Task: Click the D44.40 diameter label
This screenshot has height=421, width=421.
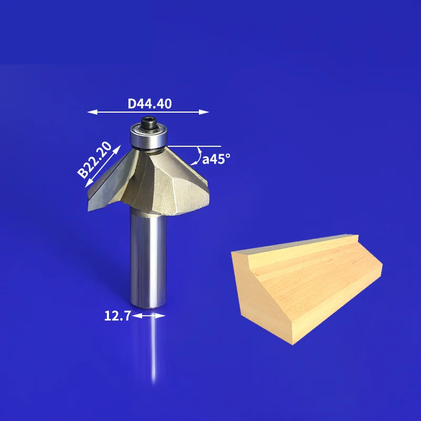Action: [x=149, y=104]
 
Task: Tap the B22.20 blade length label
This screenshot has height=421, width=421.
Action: [x=95, y=160]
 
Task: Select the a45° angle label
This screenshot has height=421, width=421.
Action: [x=216, y=159]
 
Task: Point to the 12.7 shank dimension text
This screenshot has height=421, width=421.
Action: [x=117, y=316]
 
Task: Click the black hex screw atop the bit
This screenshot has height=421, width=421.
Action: [x=149, y=123]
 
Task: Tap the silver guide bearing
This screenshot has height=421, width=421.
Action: [x=149, y=136]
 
